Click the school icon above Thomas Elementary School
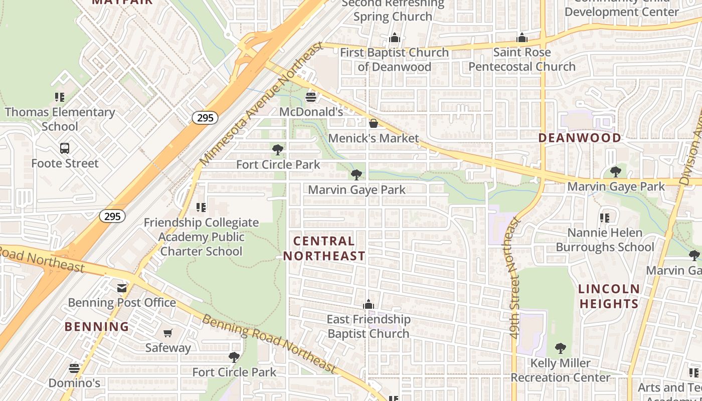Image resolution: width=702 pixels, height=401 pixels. click(x=60, y=97)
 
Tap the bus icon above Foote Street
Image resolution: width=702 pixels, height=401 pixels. click(x=65, y=148)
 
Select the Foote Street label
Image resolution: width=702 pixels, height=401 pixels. click(x=65, y=163)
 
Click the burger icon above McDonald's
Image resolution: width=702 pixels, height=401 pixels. click(x=311, y=97)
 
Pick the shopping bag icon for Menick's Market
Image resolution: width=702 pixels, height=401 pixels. click(x=374, y=123)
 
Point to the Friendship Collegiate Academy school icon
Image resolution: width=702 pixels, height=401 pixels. click(x=201, y=207)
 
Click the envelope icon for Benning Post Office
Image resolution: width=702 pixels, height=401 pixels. click(x=122, y=288)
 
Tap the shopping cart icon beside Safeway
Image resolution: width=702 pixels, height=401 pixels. click(x=168, y=333)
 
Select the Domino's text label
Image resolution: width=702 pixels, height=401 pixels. click(x=74, y=383)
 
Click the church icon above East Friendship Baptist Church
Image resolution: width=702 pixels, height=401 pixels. click(x=369, y=304)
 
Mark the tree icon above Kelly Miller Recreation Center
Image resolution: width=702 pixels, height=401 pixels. click(x=561, y=348)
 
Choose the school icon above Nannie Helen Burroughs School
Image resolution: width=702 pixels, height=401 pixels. click(x=605, y=218)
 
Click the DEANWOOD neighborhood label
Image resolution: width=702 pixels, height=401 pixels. click(x=580, y=137)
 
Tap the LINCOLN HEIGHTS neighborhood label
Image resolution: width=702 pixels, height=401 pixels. click(x=609, y=296)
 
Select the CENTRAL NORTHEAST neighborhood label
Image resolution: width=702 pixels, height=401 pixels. click(x=324, y=249)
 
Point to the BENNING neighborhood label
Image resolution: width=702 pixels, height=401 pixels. click(x=97, y=327)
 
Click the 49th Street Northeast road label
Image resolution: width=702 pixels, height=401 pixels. click(x=514, y=278)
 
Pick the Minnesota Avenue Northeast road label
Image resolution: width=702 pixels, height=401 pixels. click(x=261, y=104)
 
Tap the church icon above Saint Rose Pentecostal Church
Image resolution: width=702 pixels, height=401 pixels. click(x=522, y=38)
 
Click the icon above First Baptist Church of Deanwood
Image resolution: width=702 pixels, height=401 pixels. click(x=395, y=38)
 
